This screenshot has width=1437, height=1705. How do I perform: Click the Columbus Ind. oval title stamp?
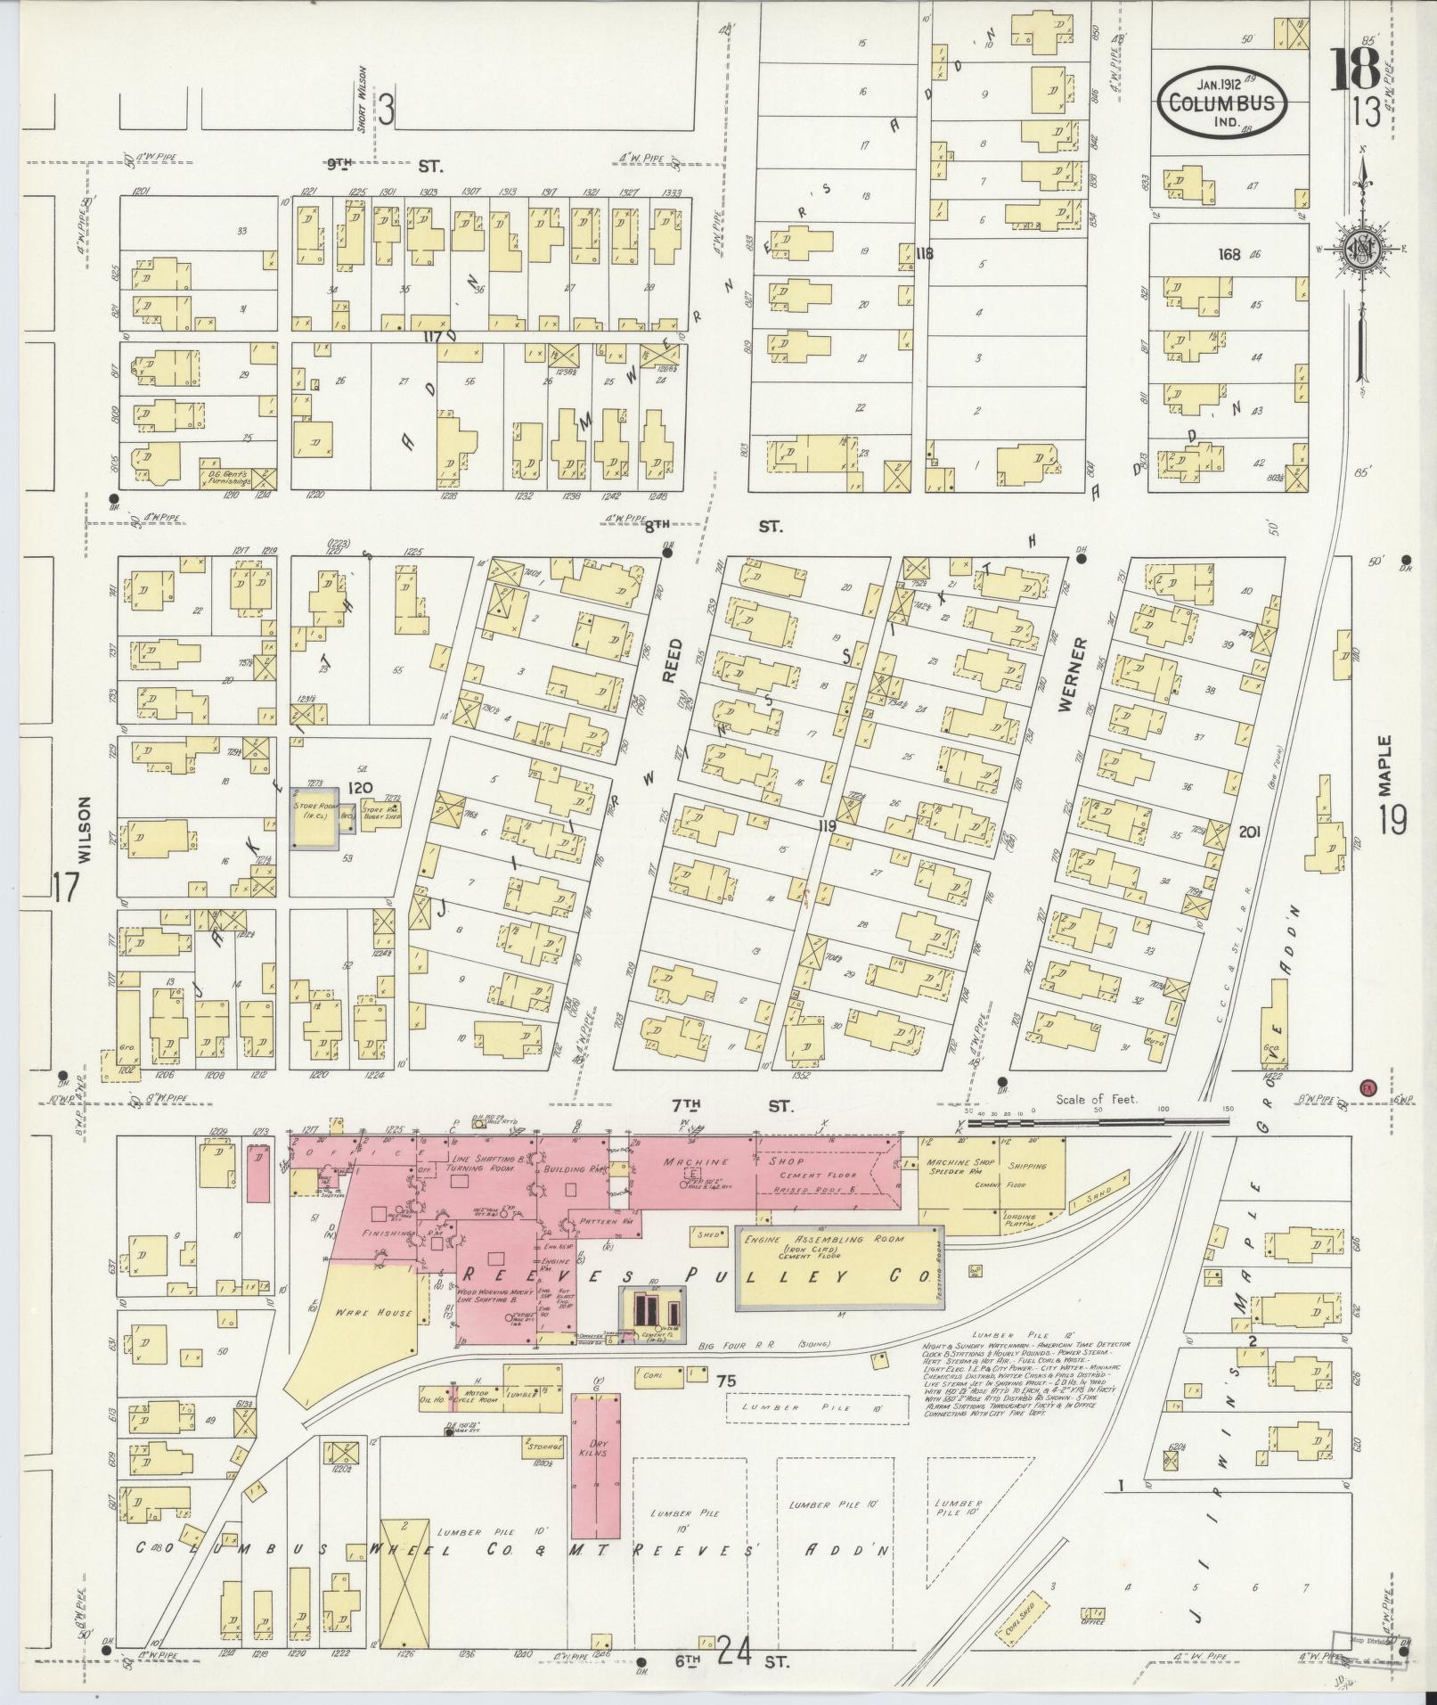pos(1222,102)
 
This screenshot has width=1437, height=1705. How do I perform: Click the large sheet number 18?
pos(1355,69)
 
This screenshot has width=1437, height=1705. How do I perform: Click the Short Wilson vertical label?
pos(363,100)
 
